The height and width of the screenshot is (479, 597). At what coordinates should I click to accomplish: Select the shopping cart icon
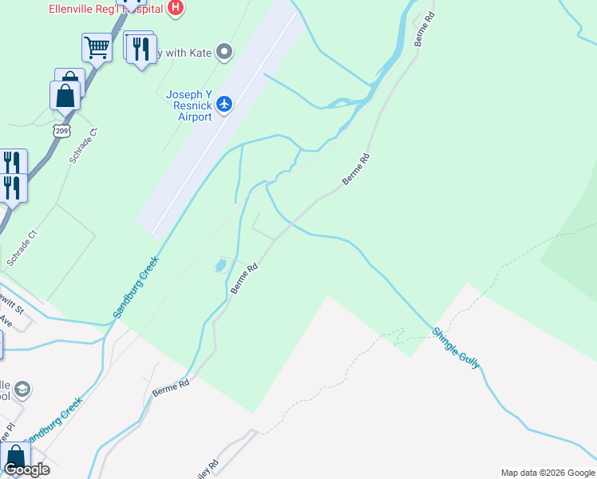pyautogui.click(x=97, y=47)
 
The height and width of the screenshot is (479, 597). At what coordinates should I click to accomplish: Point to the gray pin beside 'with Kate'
pyautogui.click(x=224, y=53)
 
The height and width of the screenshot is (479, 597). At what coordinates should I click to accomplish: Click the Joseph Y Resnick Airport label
pyautogui.click(x=188, y=105)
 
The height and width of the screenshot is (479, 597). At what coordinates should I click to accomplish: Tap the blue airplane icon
pyautogui.click(x=225, y=104)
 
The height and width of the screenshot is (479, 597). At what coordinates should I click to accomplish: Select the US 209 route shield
pyautogui.click(x=61, y=129)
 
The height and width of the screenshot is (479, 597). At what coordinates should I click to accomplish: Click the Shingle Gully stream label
pyautogui.click(x=457, y=348)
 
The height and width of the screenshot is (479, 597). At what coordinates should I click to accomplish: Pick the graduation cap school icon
pyautogui.click(x=24, y=389)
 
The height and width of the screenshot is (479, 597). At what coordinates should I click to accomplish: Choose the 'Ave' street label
pyautogui.click(x=6, y=321)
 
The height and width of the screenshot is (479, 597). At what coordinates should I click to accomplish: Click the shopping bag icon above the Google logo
pyautogui.click(x=15, y=457)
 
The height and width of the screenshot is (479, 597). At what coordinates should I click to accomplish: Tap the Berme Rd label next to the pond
pyautogui.click(x=244, y=279)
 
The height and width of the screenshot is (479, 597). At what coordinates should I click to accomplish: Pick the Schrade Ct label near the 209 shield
pyautogui.click(x=82, y=145)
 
